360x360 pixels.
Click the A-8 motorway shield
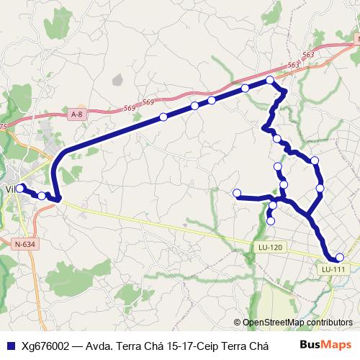coord(77,114)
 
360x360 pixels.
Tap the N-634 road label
coord(24,245)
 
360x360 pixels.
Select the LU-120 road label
coord(271,247)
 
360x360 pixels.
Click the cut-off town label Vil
coord(10,189)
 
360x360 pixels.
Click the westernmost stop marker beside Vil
coord(21,187)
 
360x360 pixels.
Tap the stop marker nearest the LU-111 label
coord(340,258)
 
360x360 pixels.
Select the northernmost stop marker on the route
coord(270,80)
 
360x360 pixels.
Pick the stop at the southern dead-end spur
coord(270,220)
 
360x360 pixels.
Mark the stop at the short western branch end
coord(237,192)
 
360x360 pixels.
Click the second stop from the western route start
coord(42,195)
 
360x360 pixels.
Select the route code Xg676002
coord(45,346)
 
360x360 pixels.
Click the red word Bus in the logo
coord(310,345)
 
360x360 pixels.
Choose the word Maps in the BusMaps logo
coord(336,345)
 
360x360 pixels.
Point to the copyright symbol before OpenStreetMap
coord(237,323)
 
